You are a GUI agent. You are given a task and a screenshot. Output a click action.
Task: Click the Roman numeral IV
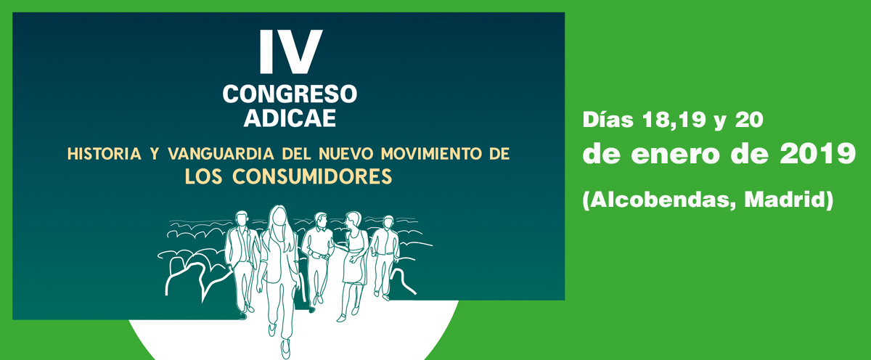[x=291, y=52]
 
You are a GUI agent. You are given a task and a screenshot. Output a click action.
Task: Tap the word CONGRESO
[x=290, y=94]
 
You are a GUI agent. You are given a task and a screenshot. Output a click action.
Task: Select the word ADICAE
[x=290, y=118]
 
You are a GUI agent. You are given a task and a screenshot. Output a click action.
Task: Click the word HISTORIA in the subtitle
[x=105, y=154]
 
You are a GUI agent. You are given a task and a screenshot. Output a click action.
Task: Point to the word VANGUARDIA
[x=221, y=154]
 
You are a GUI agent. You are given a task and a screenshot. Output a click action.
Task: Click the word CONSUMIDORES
[x=312, y=176]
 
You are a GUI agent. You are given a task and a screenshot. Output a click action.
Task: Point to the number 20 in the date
[x=749, y=120]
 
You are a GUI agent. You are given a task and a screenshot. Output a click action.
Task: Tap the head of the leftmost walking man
[x=242, y=219]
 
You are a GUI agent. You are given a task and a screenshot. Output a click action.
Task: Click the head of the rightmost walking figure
[x=388, y=223]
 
